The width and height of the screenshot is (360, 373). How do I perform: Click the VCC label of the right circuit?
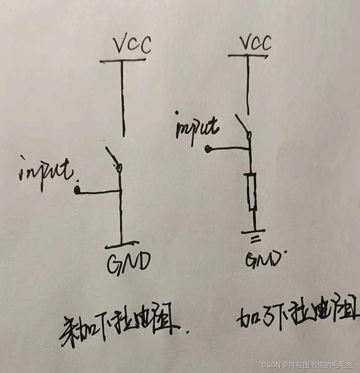[255, 42]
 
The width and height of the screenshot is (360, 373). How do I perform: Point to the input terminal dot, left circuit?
[77, 191]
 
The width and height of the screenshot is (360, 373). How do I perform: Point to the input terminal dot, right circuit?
[208, 149]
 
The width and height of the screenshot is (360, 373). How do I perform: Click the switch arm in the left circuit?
[112, 157]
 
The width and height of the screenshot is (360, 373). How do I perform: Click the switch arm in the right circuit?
[242, 123]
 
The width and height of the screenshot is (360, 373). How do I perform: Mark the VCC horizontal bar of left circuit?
[123, 61]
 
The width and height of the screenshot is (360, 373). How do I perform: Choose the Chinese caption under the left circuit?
[120, 328]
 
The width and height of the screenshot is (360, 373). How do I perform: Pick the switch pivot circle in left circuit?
[119, 168]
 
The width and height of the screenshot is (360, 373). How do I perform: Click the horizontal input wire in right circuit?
[228, 148]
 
